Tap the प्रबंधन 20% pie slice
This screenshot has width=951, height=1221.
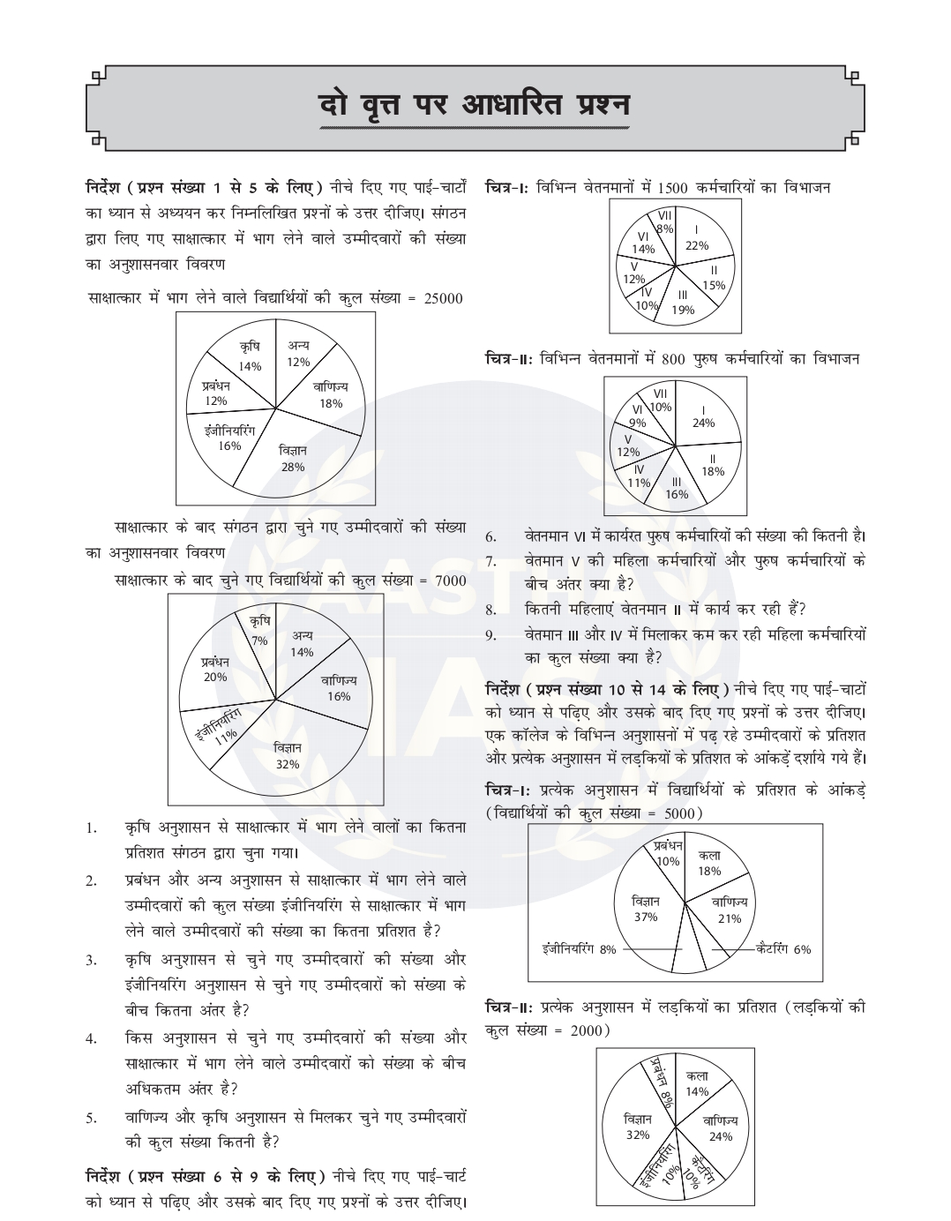click(214, 670)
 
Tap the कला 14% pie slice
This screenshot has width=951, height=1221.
click(697, 1084)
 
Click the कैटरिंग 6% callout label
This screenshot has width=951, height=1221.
click(783, 949)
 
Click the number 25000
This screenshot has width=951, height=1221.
click(443, 298)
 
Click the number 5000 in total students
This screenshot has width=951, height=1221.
click(680, 813)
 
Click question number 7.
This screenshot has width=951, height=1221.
click(491, 561)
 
